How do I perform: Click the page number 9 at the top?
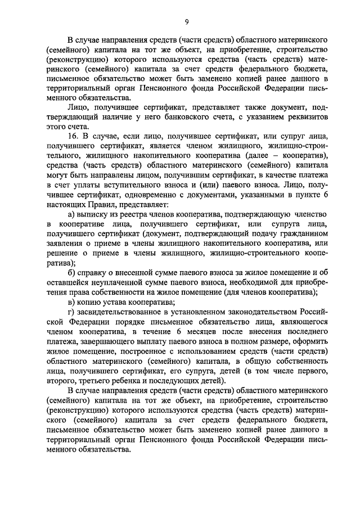pos(186,21)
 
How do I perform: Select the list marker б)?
pos(70,273)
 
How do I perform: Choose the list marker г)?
pos(70,312)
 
